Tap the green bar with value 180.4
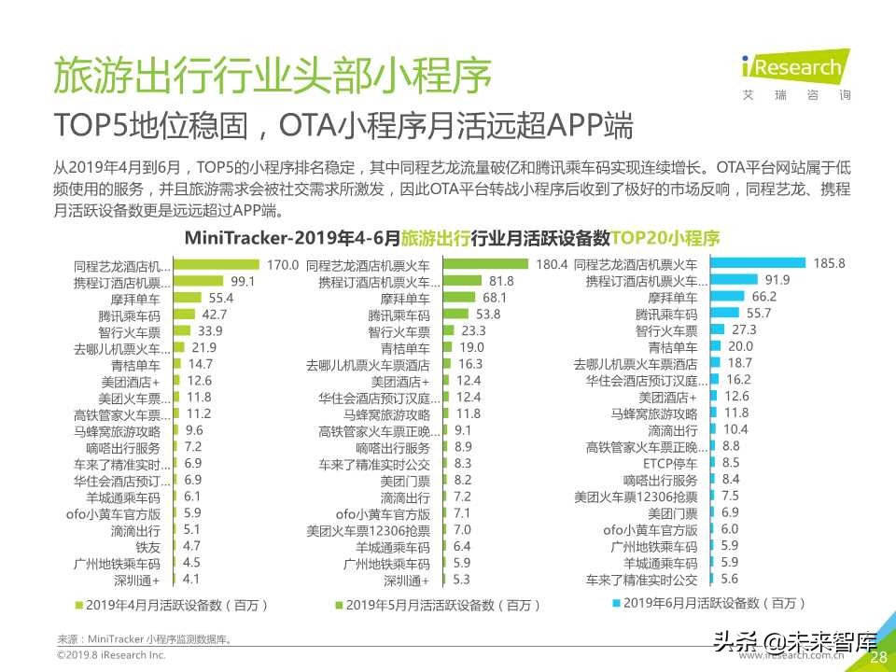tap(485, 265)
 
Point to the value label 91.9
tap(777, 281)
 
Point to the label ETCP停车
tap(670, 463)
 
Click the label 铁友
tap(147, 547)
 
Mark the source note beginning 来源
tap(144, 639)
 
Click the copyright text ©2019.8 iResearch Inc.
tap(111, 656)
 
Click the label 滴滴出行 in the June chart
tap(672, 430)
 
